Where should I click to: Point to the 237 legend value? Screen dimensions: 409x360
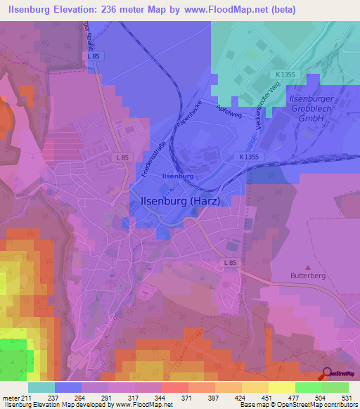(52, 396)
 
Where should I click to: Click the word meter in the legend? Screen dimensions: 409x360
(11, 396)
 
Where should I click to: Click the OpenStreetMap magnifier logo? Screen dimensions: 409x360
(328, 375)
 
